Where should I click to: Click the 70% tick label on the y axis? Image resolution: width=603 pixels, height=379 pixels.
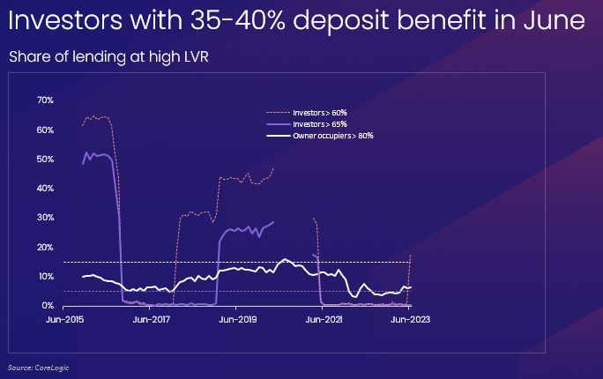click(x=45, y=100)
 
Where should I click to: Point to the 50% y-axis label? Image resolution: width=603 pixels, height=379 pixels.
click(x=45, y=160)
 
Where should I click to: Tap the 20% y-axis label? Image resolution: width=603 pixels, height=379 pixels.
click(x=45, y=247)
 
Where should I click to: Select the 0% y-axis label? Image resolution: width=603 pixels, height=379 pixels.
click(x=48, y=306)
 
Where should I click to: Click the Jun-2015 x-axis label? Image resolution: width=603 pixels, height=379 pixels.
click(x=64, y=320)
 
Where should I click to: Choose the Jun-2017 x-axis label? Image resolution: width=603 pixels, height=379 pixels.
click(x=151, y=320)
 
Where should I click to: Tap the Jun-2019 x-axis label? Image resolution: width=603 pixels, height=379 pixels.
click(x=238, y=320)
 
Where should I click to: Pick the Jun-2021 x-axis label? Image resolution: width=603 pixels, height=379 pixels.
click(x=324, y=320)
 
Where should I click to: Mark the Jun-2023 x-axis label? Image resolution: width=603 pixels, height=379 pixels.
click(x=410, y=320)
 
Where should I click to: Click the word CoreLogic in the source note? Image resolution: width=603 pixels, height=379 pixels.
click(x=52, y=368)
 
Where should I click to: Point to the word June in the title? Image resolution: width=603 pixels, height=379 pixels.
click(x=555, y=20)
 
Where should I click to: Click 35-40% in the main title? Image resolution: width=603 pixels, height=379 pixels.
click(x=238, y=20)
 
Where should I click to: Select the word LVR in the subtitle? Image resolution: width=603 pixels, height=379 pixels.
click(x=195, y=57)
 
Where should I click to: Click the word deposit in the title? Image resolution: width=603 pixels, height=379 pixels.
click(x=341, y=21)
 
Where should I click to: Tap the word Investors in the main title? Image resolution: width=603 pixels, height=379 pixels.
click(x=65, y=20)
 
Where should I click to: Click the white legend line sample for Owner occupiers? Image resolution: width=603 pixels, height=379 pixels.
click(x=279, y=136)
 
